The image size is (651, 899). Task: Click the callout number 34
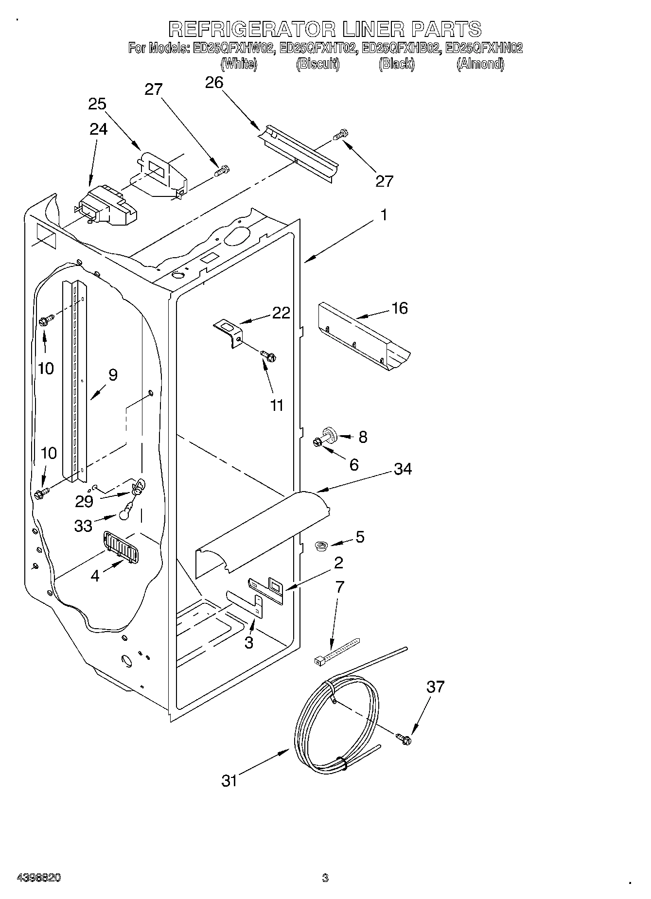(403, 469)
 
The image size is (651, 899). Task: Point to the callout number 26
(214, 83)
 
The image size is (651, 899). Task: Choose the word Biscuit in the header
(317, 64)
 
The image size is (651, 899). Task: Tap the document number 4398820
(38, 878)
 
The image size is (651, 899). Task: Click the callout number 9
(113, 375)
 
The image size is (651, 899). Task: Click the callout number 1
(384, 214)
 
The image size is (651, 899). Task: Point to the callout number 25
(97, 104)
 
